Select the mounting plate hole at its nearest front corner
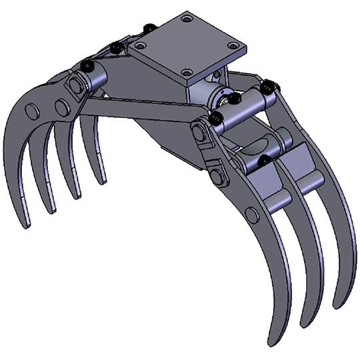coord(187,71)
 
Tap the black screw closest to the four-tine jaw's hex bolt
coord(87,65)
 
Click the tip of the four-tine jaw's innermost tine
coord(101,181)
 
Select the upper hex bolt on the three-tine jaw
coord(199,131)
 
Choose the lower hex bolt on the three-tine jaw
coord(217,177)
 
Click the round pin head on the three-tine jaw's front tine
coord(251,215)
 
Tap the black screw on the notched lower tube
coord(264,159)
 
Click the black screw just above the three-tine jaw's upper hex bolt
coord(216,119)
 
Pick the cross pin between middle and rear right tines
coord(308,179)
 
